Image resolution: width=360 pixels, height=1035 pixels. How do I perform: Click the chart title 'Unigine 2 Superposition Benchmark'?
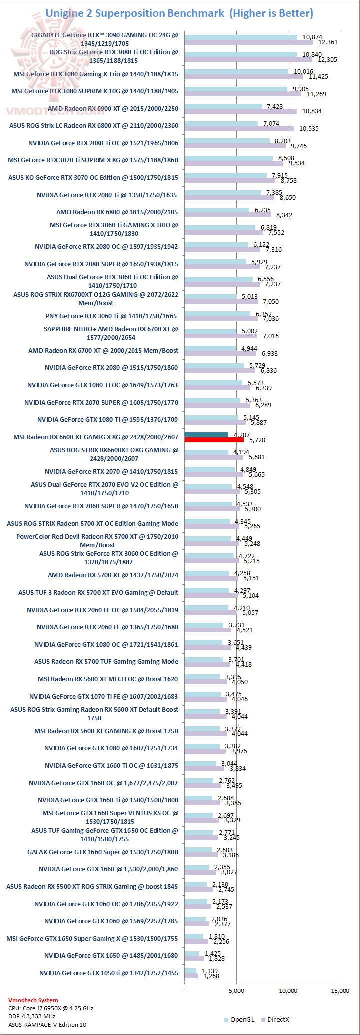[x=135, y=13]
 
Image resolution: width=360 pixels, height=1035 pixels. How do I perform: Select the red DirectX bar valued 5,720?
[x=214, y=440]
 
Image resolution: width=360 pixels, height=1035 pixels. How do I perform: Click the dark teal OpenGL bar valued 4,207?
[x=206, y=435]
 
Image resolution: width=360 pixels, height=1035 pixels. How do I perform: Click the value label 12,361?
[x=328, y=42]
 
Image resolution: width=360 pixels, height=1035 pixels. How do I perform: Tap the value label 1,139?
[x=205, y=971]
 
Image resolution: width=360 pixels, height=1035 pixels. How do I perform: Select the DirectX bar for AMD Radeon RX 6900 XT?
[x=240, y=111]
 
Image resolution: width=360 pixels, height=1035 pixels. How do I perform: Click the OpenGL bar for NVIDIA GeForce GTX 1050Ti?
[x=190, y=971]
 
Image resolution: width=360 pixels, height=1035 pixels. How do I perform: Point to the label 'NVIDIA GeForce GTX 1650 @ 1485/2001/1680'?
[x=111, y=955]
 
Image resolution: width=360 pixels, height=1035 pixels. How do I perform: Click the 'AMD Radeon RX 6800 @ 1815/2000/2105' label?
[x=117, y=212]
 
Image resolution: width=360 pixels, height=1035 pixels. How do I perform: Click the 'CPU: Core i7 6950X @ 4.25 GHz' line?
[x=51, y=1008]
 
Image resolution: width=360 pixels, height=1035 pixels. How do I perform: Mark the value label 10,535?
[x=309, y=129]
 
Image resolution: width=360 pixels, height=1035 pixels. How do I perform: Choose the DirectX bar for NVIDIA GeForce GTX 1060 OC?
[x=197, y=907]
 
